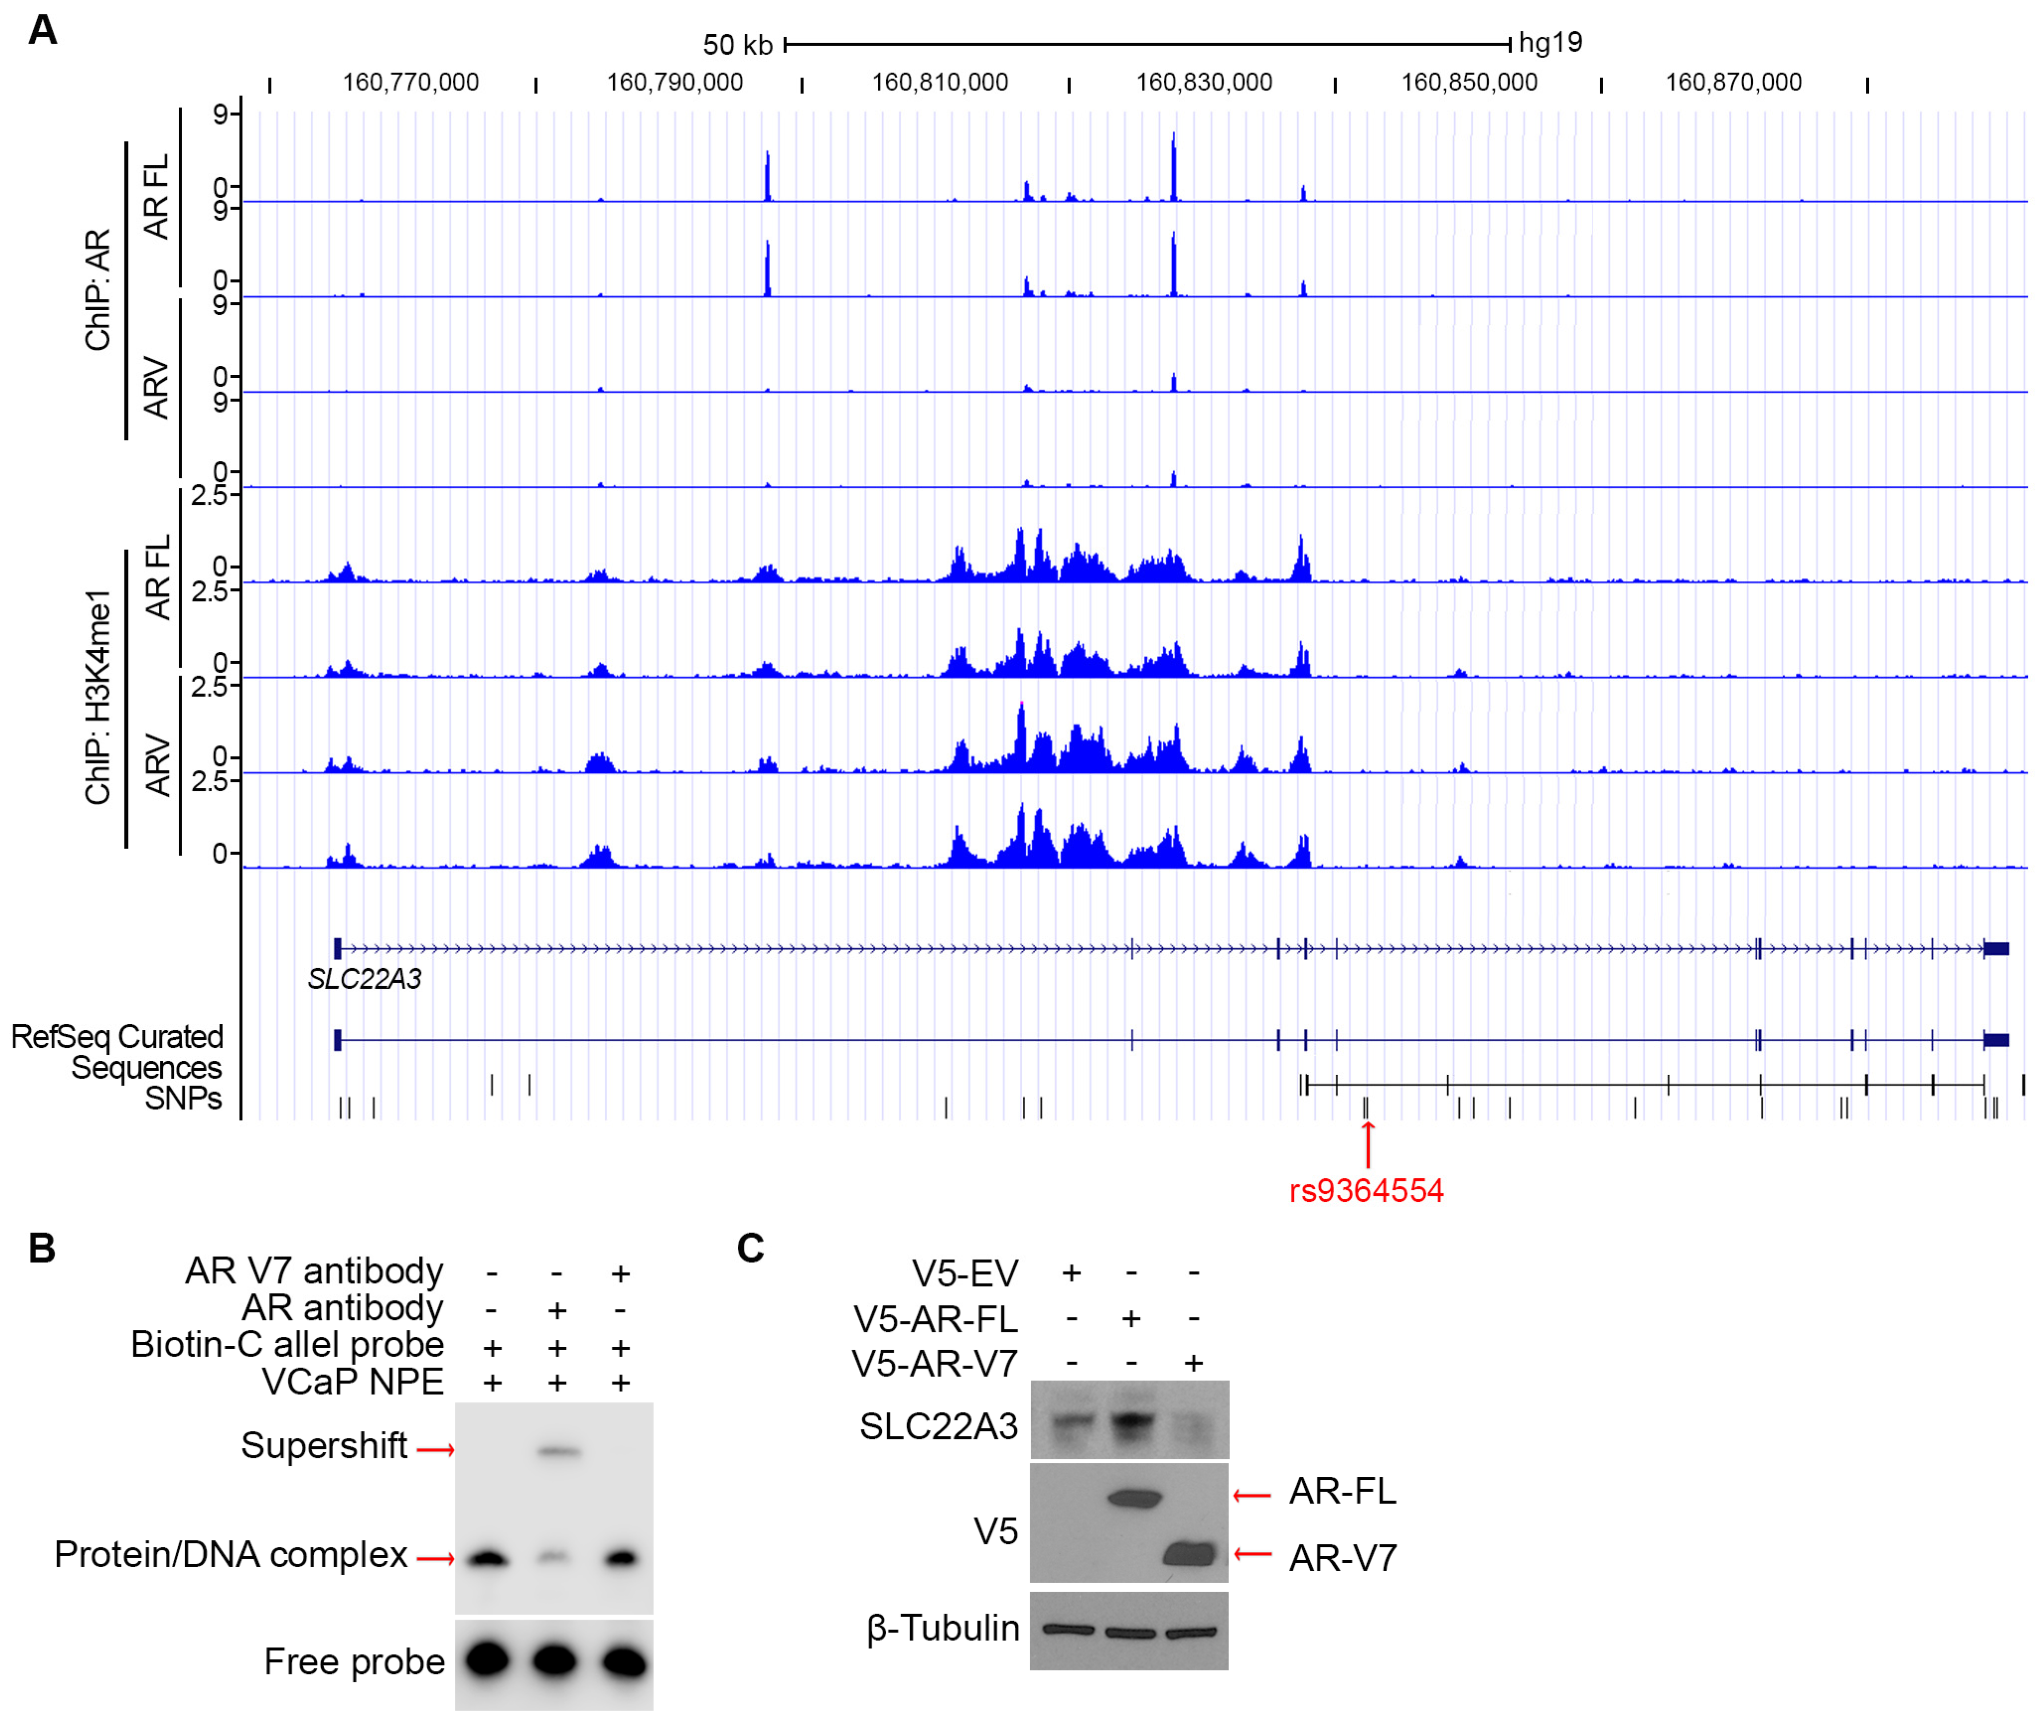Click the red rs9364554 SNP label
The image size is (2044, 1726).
(1366, 1191)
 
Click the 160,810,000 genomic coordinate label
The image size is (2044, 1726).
(939, 82)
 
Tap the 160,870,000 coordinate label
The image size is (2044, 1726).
(1733, 82)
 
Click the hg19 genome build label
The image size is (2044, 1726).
(1550, 42)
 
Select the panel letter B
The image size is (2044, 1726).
(42, 1248)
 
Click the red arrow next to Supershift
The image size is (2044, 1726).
(435, 1449)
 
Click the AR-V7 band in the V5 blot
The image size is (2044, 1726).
(1190, 1554)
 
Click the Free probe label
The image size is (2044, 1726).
(354, 1661)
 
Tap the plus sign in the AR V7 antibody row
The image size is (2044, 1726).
(620, 1273)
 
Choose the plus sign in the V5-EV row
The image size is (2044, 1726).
(1071, 1272)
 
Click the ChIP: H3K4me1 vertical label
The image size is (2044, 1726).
(98, 696)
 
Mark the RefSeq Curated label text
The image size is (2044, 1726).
(117, 1036)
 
